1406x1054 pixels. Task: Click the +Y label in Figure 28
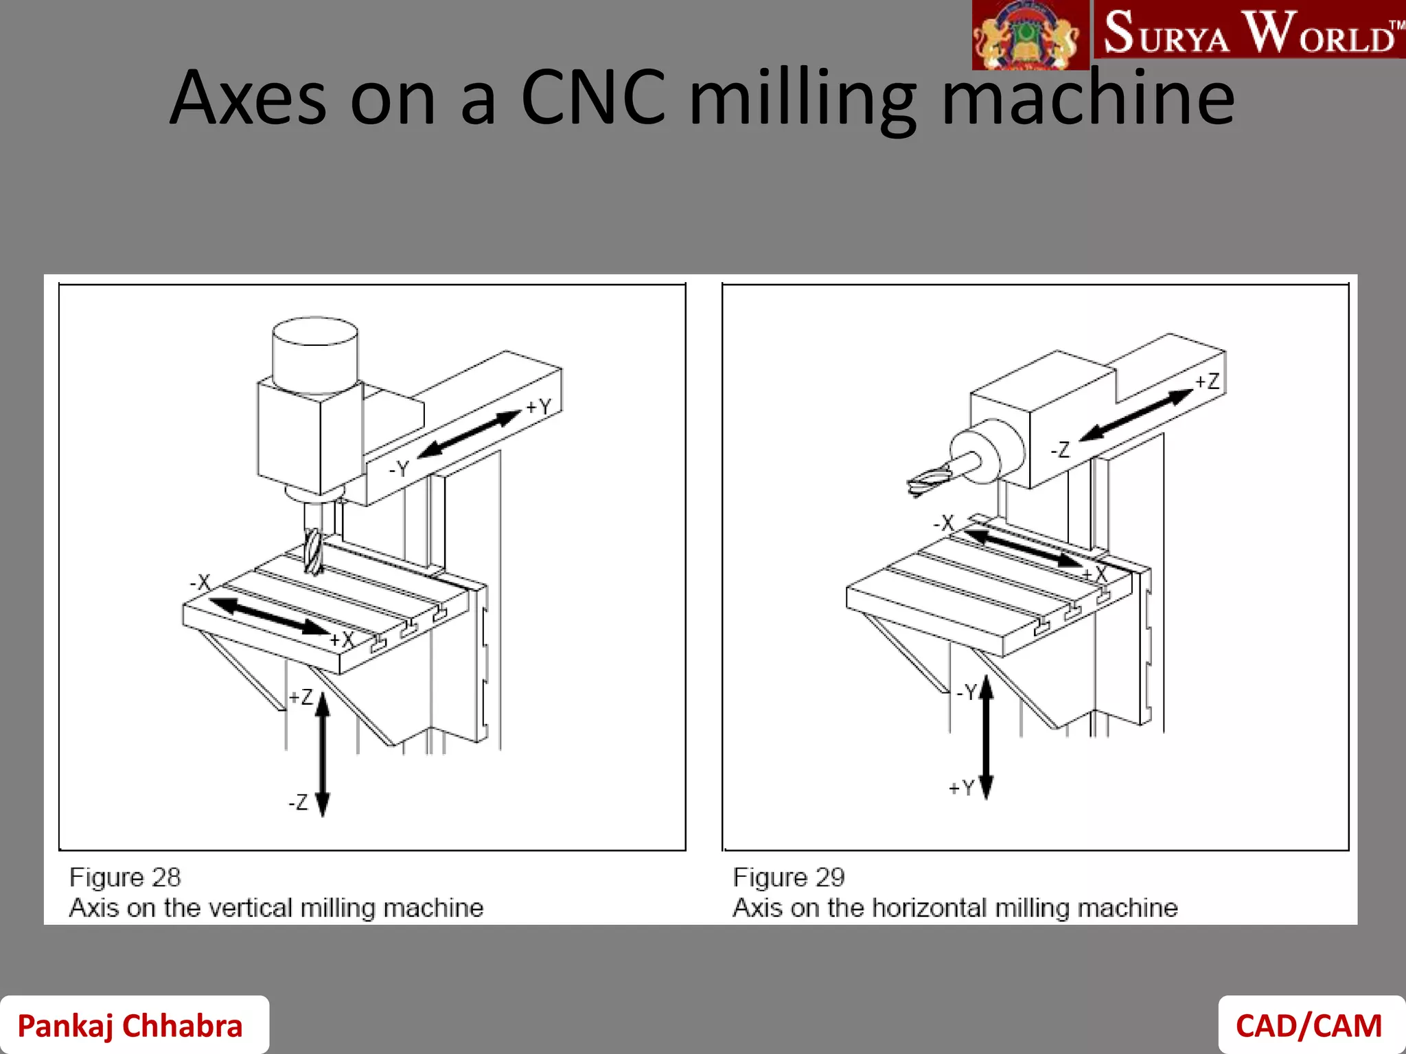[x=539, y=407]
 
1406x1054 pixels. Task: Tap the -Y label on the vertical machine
[x=399, y=469]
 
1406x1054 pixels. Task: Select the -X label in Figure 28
[x=200, y=583]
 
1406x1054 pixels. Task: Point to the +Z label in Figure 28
[x=301, y=697]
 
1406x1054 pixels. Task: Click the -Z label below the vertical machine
[x=298, y=802]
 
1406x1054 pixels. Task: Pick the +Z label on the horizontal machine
[x=1207, y=382]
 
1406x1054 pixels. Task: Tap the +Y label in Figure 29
[x=961, y=788]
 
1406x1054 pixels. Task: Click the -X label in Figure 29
[x=944, y=523]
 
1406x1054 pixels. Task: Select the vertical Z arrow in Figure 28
[x=323, y=755]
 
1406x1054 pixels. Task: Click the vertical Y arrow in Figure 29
[x=987, y=738]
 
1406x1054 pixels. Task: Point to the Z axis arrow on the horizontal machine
[x=1136, y=415]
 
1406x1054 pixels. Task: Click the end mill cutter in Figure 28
[x=312, y=551]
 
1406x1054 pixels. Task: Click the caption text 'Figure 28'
[x=125, y=877]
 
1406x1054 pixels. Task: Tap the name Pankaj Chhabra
[x=130, y=1026]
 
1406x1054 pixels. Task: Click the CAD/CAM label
[x=1309, y=1026]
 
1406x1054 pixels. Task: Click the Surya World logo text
[x=1249, y=33]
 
